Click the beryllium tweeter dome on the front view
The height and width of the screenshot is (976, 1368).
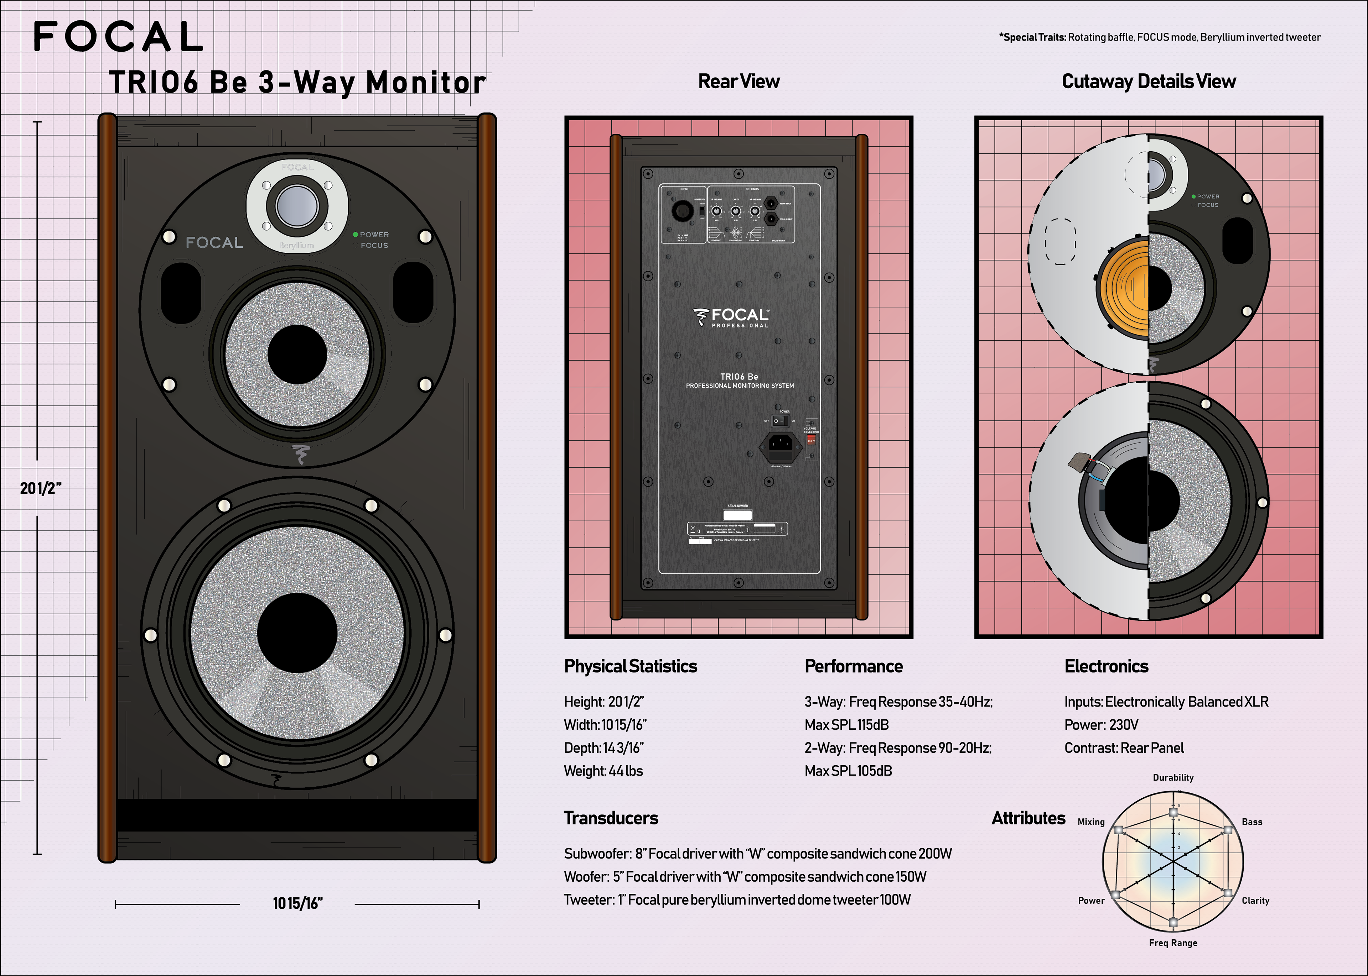click(x=296, y=205)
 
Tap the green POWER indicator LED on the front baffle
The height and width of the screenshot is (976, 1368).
click(x=356, y=234)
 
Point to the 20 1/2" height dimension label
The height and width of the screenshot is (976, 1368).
click(x=40, y=488)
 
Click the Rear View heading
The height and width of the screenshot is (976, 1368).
click(x=739, y=81)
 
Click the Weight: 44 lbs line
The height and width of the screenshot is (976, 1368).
click(x=603, y=771)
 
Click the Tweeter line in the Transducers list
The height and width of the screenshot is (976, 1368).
click(x=737, y=900)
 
